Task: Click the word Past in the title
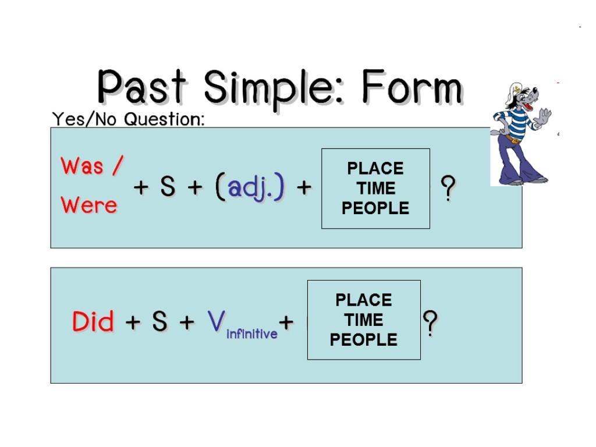click(x=142, y=87)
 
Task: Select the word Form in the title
click(x=412, y=87)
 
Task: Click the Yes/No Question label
click(x=128, y=119)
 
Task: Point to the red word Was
click(x=82, y=166)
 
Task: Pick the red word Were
click(x=89, y=205)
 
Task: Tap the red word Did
click(x=93, y=321)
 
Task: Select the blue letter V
click(x=217, y=321)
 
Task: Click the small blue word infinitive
click(x=252, y=334)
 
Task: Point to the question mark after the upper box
click(x=448, y=188)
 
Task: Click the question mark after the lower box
click(x=430, y=323)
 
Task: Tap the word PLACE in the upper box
click(x=375, y=168)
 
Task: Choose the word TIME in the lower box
click(x=364, y=320)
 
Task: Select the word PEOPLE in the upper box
click(x=375, y=208)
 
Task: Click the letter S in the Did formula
click(x=159, y=321)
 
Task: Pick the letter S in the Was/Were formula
click(x=168, y=187)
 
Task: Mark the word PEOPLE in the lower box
click(x=364, y=339)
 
